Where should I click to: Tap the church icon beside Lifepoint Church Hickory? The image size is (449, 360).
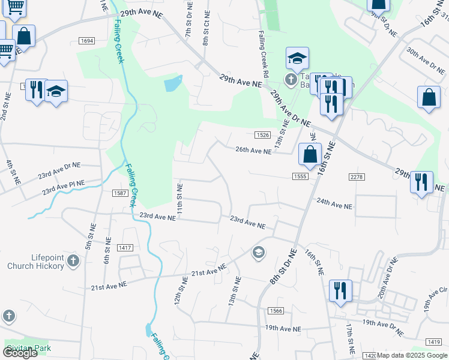click(73, 261)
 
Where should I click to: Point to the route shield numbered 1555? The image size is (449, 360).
click(301, 176)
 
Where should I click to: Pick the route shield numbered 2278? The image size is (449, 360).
click(357, 176)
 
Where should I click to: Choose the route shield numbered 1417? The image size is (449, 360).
click(125, 247)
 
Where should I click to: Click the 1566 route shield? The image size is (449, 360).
click(276, 310)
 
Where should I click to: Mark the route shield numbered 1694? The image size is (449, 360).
click(86, 41)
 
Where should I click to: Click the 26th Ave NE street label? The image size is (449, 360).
click(253, 152)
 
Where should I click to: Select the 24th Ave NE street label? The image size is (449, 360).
click(334, 205)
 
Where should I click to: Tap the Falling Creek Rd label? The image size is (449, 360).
click(262, 55)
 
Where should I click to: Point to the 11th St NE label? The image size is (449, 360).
click(179, 197)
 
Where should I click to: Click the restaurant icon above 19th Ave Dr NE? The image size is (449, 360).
click(340, 292)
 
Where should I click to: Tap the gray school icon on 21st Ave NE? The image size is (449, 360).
click(259, 253)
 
